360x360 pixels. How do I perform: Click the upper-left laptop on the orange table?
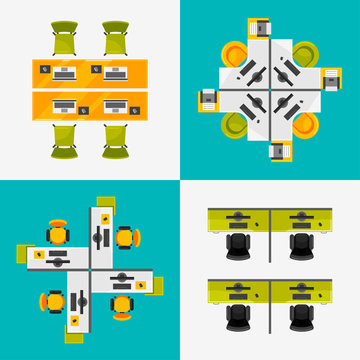point(67,72)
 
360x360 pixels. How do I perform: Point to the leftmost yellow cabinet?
point(210,98)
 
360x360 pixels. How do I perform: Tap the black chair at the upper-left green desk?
point(236,244)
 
